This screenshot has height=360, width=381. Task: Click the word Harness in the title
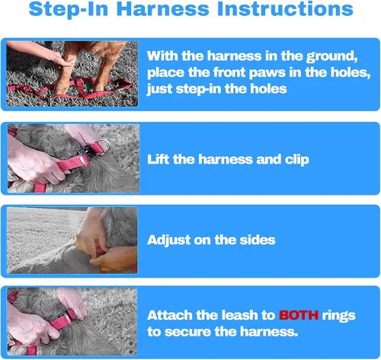click(x=163, y=9)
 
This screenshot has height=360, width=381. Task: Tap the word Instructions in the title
click(x=285, y=9)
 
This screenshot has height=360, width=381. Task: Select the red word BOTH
click(x=299, y=315)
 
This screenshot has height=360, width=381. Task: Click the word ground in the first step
click(x=331, y=56)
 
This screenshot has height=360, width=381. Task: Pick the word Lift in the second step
click(x=158, y=159)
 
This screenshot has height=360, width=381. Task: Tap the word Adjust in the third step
click(x=168, y=241)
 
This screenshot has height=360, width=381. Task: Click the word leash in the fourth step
click(x=239, y=315)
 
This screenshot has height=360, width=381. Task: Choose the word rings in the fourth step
click(x=338, y=316)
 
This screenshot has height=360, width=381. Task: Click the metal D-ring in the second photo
click(x=104, y=144)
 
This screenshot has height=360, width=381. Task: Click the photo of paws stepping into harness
click(x=72, y=74)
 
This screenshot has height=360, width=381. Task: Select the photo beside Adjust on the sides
click(x=72, y=241)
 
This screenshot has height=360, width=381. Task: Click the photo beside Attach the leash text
click(x=72, y=321)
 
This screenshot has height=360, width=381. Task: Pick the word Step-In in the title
click(x=69, y=9)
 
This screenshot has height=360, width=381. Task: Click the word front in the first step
click(x=229, y=72)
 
